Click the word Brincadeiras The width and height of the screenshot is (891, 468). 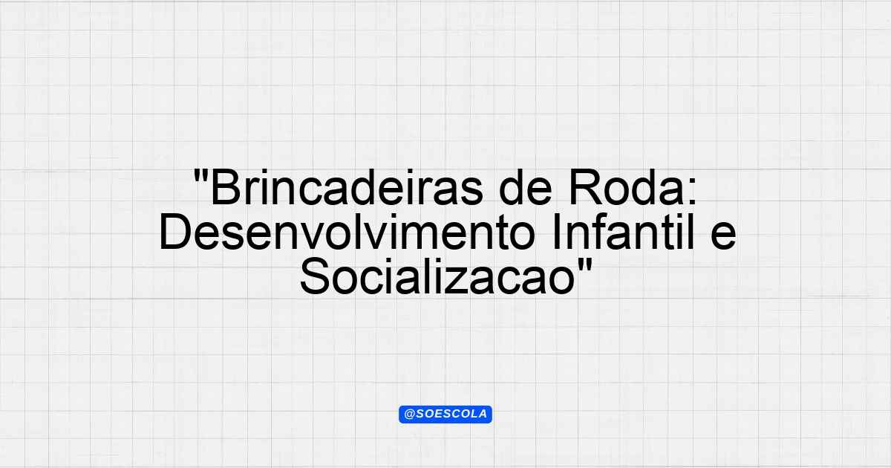coord(347,187)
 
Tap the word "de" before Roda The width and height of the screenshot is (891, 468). coord(525,187)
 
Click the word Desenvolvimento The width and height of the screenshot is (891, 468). coord(347,232)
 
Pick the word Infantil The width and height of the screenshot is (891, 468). coord(623,232)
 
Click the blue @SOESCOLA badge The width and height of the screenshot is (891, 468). coord(446,415)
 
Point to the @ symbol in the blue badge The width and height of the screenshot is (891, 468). coord(410,415)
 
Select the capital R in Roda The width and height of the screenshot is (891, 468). coord(584,187)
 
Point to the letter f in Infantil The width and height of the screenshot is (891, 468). coord(598,232)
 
